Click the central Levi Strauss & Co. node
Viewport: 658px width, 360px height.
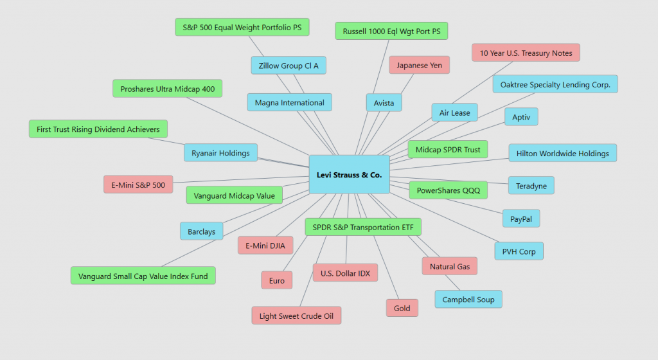349,174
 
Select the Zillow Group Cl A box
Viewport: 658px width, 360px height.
289,66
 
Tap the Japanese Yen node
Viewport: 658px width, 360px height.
419,65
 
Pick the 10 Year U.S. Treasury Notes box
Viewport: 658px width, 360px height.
526,53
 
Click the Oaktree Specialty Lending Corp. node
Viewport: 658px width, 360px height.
555,84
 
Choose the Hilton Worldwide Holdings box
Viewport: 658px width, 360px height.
562,153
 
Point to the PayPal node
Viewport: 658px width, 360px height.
520,218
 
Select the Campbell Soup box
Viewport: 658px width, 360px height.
468,299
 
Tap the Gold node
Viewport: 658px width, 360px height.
402,308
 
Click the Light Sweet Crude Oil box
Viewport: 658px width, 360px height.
296,316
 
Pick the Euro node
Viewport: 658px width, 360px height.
277,280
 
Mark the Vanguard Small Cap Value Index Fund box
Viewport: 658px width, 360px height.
143,276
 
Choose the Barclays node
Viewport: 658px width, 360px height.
202,231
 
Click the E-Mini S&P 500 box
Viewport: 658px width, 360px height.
138,185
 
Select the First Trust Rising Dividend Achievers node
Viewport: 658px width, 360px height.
98,129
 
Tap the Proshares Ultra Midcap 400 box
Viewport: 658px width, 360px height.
167,89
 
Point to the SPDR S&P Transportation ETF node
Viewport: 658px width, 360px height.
363,226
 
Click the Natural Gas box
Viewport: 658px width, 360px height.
449,266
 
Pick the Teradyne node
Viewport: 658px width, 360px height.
531,186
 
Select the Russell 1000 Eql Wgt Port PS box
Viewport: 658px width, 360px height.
391,31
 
